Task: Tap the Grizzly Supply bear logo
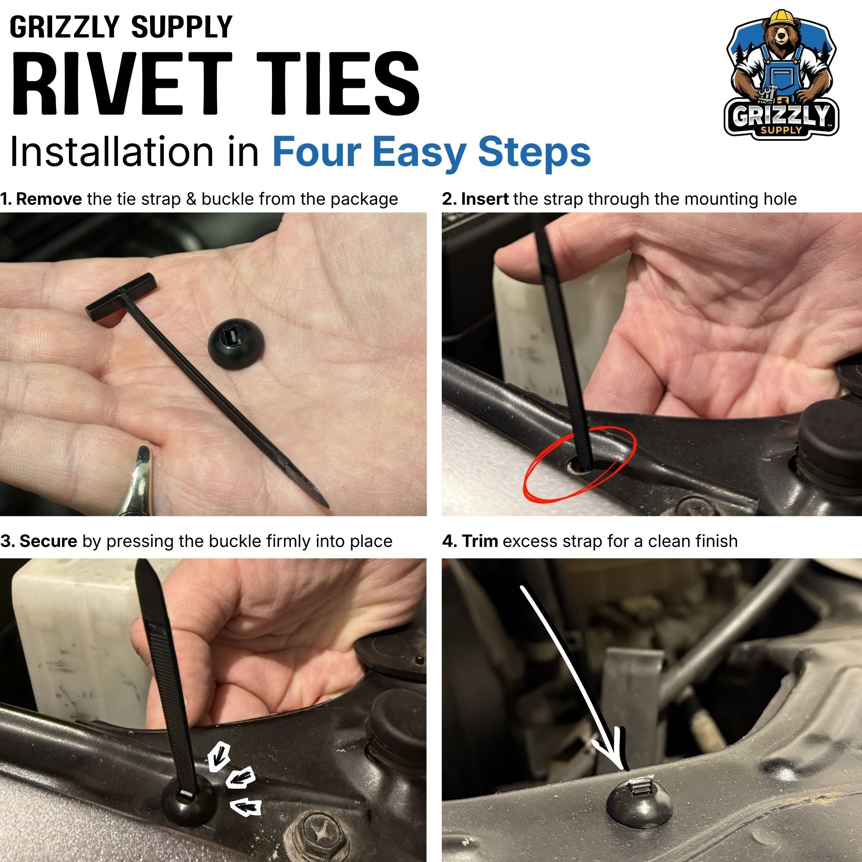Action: [x=781, y=75]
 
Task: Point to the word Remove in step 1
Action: [x=49, y=199]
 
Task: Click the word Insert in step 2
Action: [x=484, y=199]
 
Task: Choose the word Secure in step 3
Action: [x=48, y=541]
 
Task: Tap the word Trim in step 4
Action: [x=480, y=541]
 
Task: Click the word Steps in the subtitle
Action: [x=534, y=153]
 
